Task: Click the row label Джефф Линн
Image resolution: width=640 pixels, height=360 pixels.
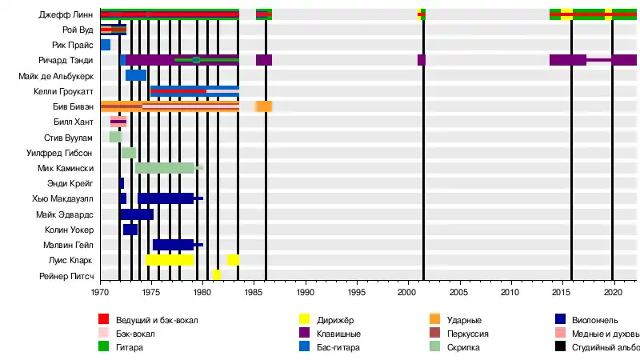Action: click(x=66, y=14)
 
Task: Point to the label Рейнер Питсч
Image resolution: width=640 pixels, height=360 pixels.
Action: click(x=66, y=275)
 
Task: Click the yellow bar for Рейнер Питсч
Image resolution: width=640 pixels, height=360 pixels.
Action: click(x=217, y=274)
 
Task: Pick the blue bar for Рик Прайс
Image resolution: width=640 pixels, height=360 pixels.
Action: click(x=106, y=45)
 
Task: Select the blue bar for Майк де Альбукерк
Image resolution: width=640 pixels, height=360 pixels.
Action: click(x=136, y=75)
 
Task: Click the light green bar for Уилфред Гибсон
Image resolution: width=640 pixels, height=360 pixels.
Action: click(x=129, y=153)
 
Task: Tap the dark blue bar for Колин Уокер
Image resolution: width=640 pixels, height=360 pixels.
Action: click(x=130, y=230)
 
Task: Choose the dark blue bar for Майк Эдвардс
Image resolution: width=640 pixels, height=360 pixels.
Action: click(x=137, y=214)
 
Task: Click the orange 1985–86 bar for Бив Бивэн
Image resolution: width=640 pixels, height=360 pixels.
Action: click(x=264, y=106)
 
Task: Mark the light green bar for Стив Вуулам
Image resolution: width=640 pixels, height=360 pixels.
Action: click(x=115, y=137)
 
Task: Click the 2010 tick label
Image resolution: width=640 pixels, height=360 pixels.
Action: click(x=510, y=293)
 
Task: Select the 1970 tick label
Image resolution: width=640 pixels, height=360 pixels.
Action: click(x=100, y=293)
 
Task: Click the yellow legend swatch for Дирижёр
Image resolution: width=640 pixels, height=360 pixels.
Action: click(x=305, y=320)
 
